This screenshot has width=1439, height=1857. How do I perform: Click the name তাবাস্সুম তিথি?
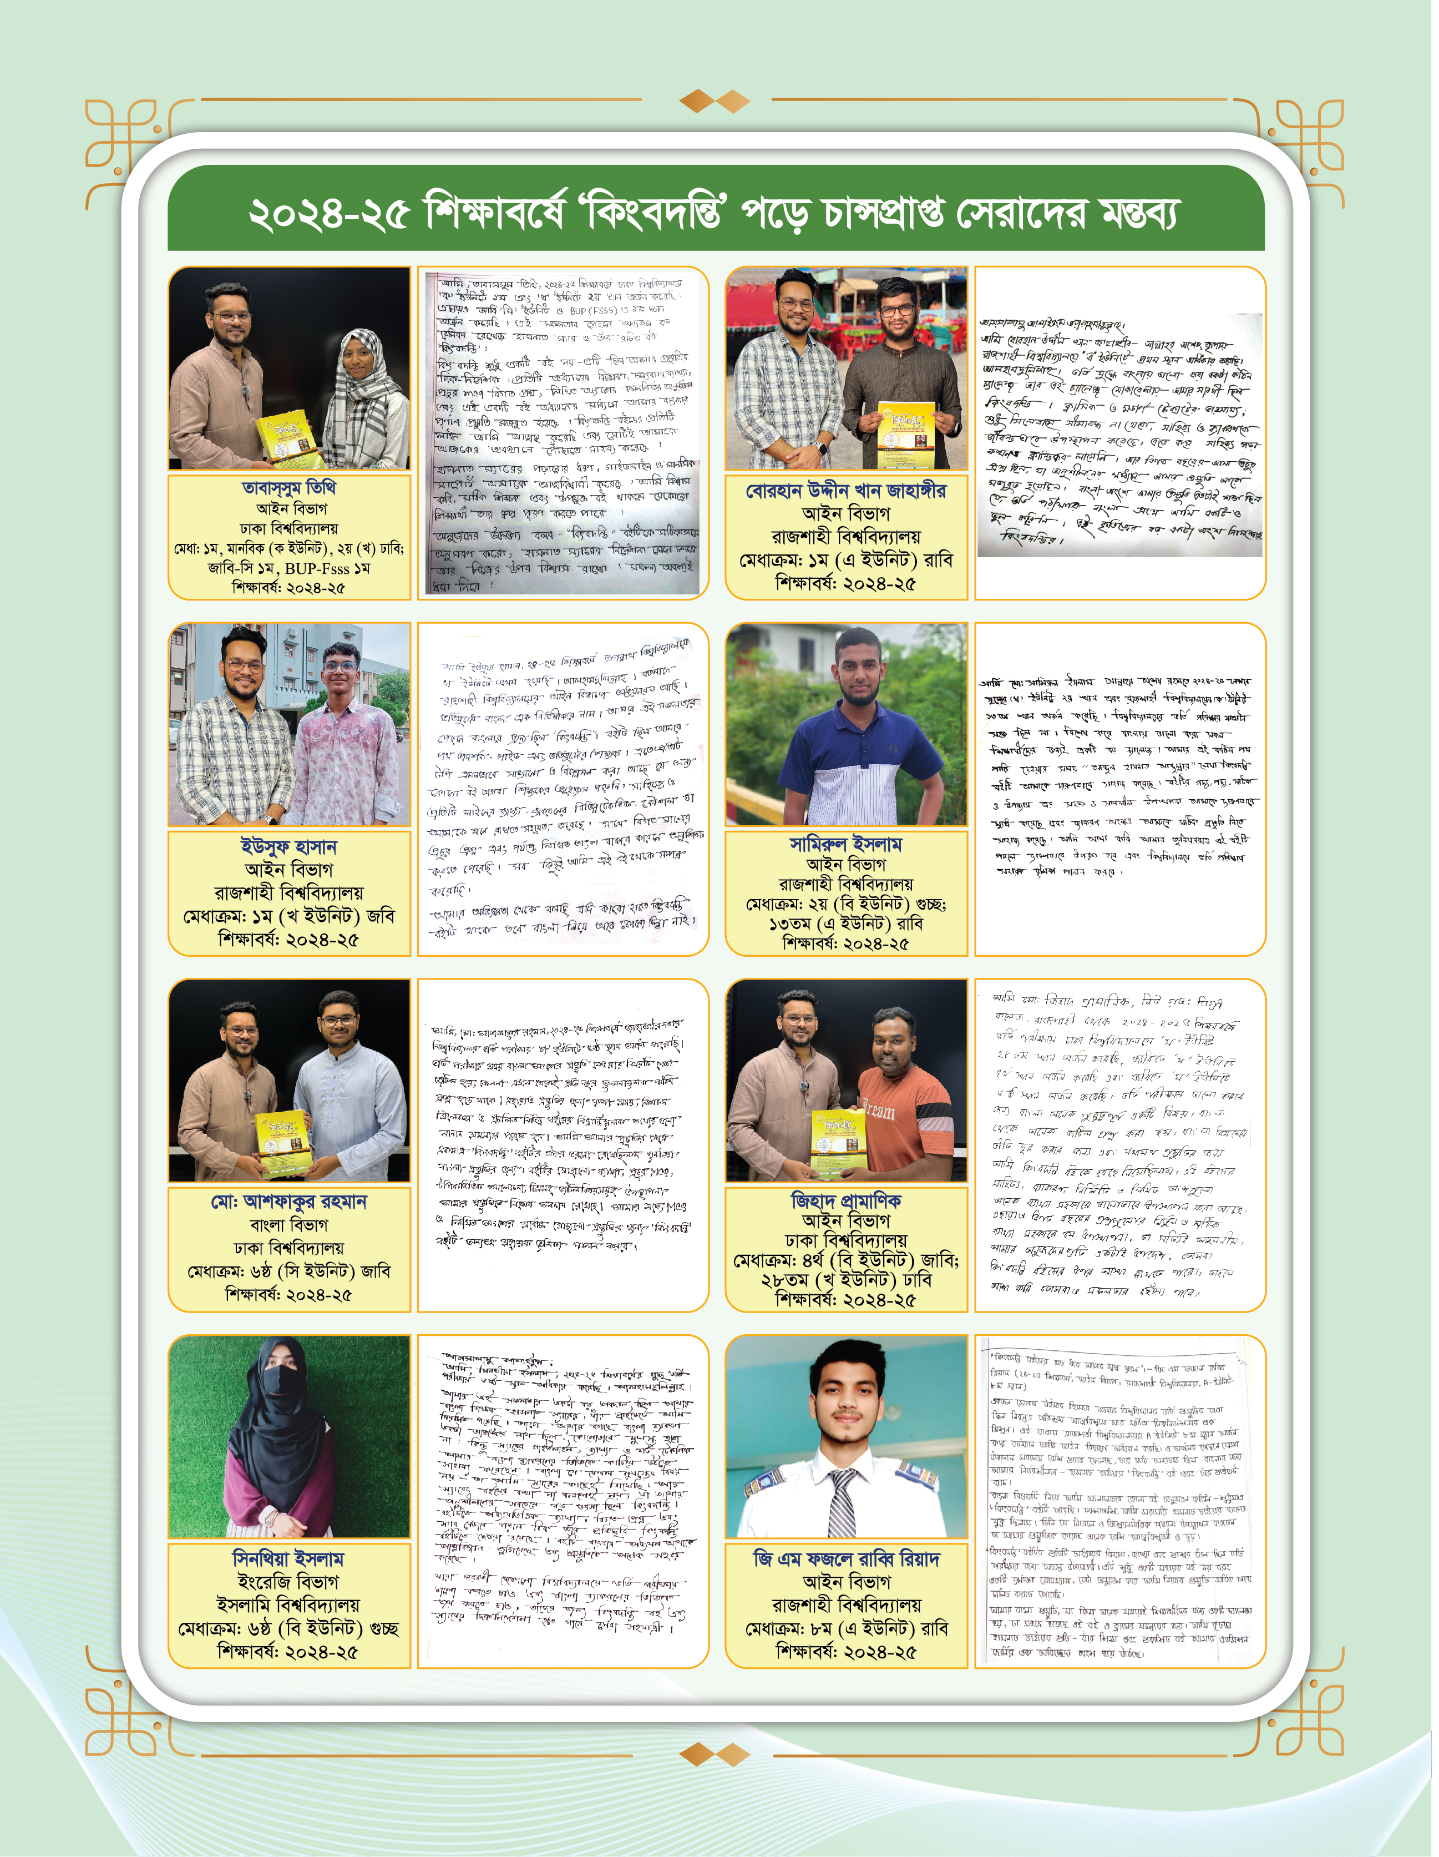[x=289, y=488]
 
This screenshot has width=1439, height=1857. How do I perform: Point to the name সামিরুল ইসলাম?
[x=846, y=844]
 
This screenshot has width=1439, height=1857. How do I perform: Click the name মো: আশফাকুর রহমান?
[x=289, y=1202]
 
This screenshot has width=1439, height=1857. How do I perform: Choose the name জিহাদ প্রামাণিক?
[x=846, y=1200]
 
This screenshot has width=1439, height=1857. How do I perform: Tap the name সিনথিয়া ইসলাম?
[x=289, y=1558]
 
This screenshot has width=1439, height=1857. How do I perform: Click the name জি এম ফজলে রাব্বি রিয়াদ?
[x=846, y=1558]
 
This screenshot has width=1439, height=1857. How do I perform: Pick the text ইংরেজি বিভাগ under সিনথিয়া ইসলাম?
[x=289, y=1582]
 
